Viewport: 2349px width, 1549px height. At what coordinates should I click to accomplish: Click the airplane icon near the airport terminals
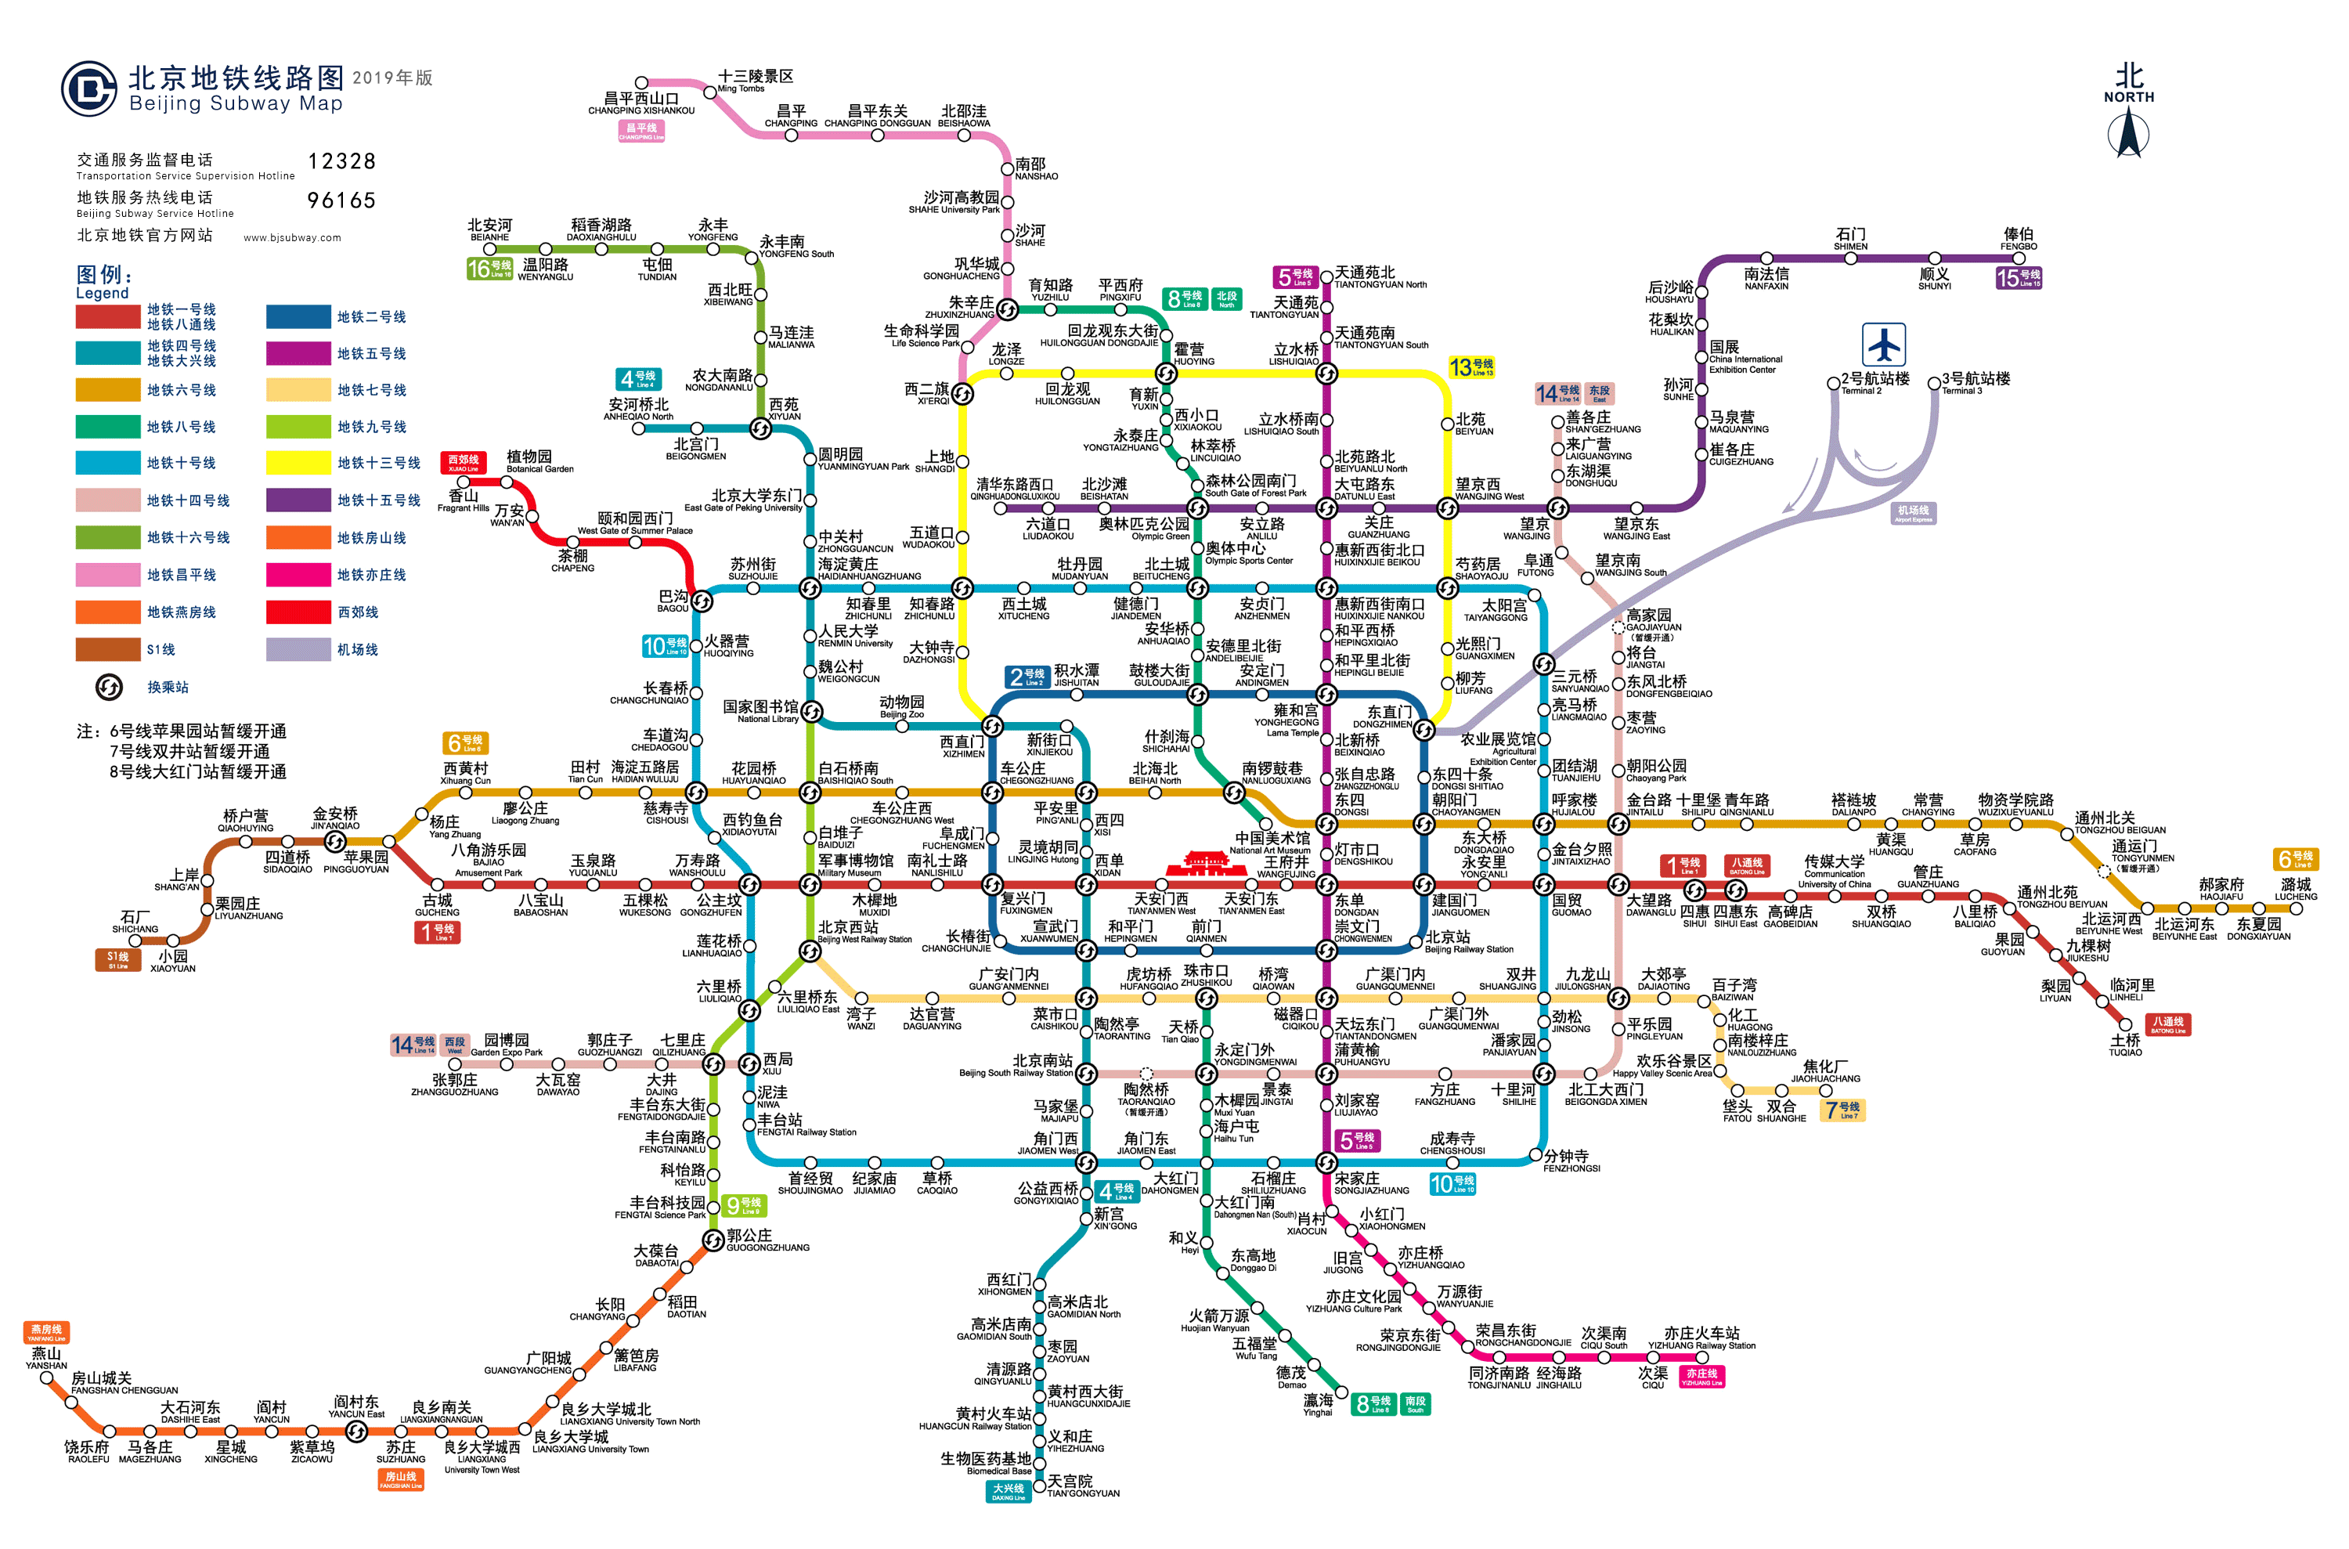[x=1883, y=345]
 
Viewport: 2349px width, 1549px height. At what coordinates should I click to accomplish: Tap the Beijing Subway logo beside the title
[x=89, y=89]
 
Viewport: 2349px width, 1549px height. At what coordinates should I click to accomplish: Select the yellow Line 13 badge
[x=1470, y=367]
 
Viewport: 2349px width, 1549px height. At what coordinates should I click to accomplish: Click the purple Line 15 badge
[x=2017, y=279]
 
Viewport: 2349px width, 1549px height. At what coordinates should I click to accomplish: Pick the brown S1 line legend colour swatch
[x=108, y=649]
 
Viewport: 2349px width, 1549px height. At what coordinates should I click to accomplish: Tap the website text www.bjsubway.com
[x=291, y=237]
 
